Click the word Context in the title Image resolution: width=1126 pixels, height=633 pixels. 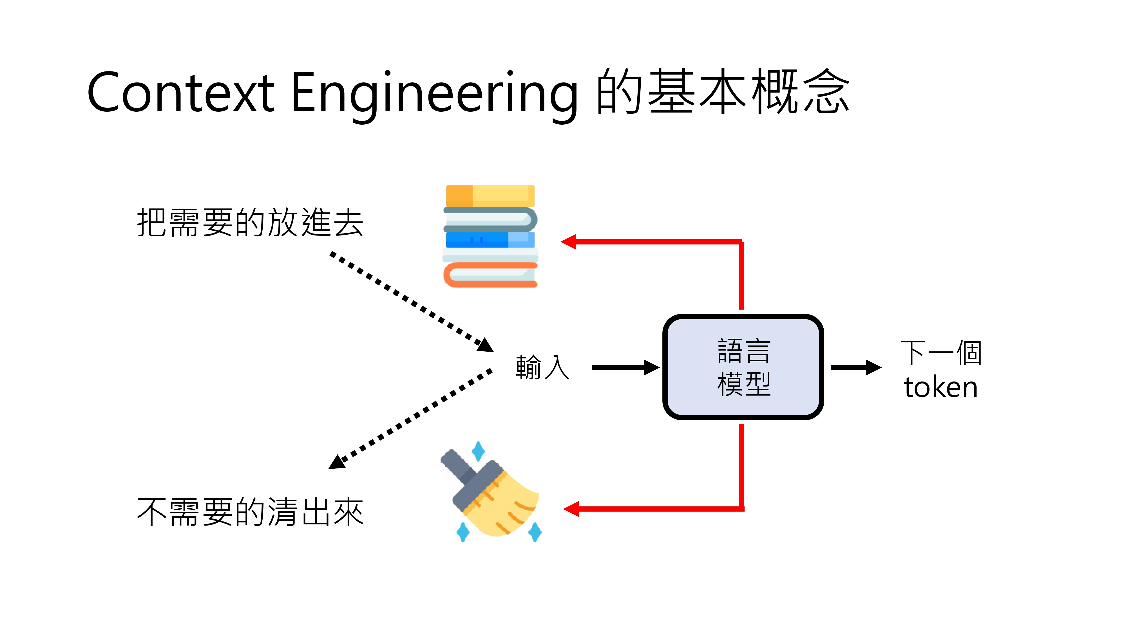(x=180, y=93)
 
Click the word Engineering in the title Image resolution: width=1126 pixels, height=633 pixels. (x=434, y=93)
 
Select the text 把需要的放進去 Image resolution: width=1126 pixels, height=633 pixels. (x=250, y=223)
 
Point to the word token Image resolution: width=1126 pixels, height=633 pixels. (x=941, y=387)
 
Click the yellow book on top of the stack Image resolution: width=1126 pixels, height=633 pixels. (x=490, y=196)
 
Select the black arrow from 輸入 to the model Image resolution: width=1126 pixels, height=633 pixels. (x=625, y=367)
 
